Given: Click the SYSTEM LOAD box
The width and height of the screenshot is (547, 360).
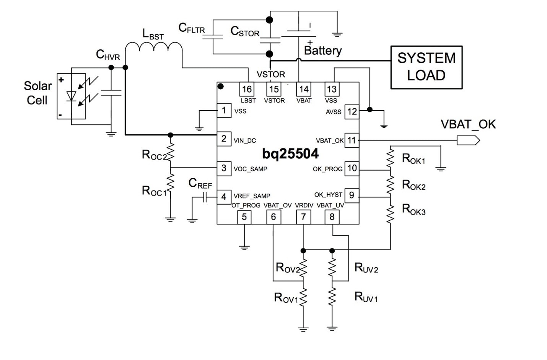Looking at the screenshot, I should tap(426, 67).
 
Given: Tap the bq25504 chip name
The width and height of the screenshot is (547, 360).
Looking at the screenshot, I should tap(290, 154).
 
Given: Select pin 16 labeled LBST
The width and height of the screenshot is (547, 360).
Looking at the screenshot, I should tap(247, 89).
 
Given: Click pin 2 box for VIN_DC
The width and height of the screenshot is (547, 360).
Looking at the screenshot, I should tap(224, 138).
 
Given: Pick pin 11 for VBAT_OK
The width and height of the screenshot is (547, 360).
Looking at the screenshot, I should tap(352, 140).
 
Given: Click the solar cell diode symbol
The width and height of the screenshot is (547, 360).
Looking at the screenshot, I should tap(71, 96).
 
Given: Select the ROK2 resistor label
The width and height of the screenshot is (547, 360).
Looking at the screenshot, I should tap(414, 185).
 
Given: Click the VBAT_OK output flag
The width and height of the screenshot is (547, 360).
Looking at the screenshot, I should tap(468, 140).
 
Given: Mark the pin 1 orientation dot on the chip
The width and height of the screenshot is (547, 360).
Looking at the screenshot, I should tap(221, 86).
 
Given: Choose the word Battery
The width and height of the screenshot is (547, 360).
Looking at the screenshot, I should tap(322, 50).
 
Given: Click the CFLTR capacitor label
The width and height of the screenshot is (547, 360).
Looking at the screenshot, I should tap(192, 28).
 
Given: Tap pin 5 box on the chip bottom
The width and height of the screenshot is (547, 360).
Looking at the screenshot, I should tap(244, 217).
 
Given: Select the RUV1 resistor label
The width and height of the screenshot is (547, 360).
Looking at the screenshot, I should tap(366, 297).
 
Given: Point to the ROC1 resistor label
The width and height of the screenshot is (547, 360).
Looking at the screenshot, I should tap(154, 191).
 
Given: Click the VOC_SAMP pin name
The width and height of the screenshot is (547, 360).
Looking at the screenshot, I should tap(250, 169).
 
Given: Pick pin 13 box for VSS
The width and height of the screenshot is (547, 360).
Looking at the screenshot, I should tap(331, 89).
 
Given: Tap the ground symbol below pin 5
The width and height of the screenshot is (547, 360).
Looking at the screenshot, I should tap(244, 247).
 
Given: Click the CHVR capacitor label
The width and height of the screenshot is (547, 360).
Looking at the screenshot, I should tap(107, 55).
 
